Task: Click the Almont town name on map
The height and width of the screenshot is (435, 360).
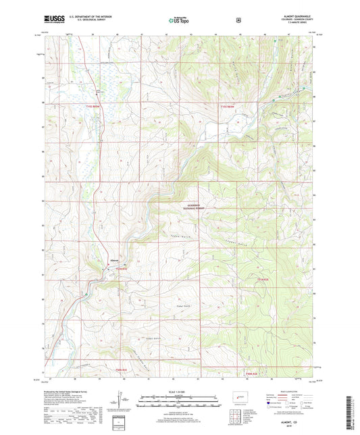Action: pos(115,259)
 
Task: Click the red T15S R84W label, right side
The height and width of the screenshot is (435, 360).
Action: pos(228,106)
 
